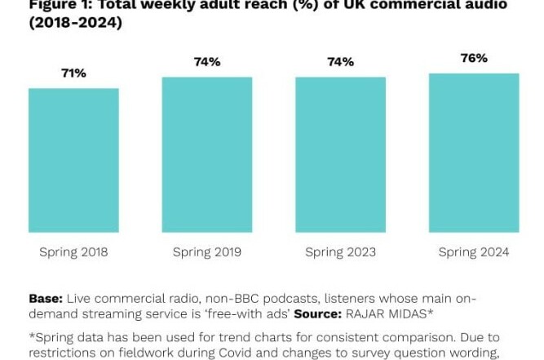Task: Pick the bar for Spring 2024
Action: click(x=474, y=153)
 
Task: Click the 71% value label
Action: click(x=73, y=73)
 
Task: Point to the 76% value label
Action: click(x=474, y=58)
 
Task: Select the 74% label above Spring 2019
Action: click(x=207, y=62)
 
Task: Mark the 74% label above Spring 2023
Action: click(x=340, y=62)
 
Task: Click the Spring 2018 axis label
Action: click(x=73, y=252)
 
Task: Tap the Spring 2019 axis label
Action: click(x=207, y=252)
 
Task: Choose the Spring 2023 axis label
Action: click(x=340, y=252)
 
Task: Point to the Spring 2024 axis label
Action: click(x=474, y=252)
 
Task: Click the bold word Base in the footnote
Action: click(x=45, y=299)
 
